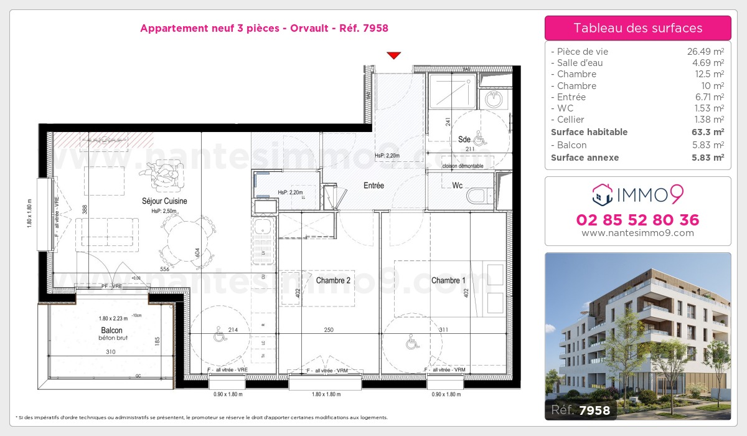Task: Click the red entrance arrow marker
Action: coord(393,55)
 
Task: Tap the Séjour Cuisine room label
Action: coord(164,201)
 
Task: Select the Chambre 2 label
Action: coord(333,281)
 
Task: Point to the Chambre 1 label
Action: coord(448,281)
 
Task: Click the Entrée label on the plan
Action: coord(374,186)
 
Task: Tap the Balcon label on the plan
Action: coord(111,330)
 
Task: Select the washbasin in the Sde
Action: coord(494,98)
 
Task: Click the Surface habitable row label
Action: coord(589,132)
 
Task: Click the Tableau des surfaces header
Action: coord(637,28)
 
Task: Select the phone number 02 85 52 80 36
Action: coord(637,220)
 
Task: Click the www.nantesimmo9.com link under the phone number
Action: coord(637,233)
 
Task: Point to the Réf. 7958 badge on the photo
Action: coord(581,410)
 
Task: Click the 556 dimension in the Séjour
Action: coord(164,269)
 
